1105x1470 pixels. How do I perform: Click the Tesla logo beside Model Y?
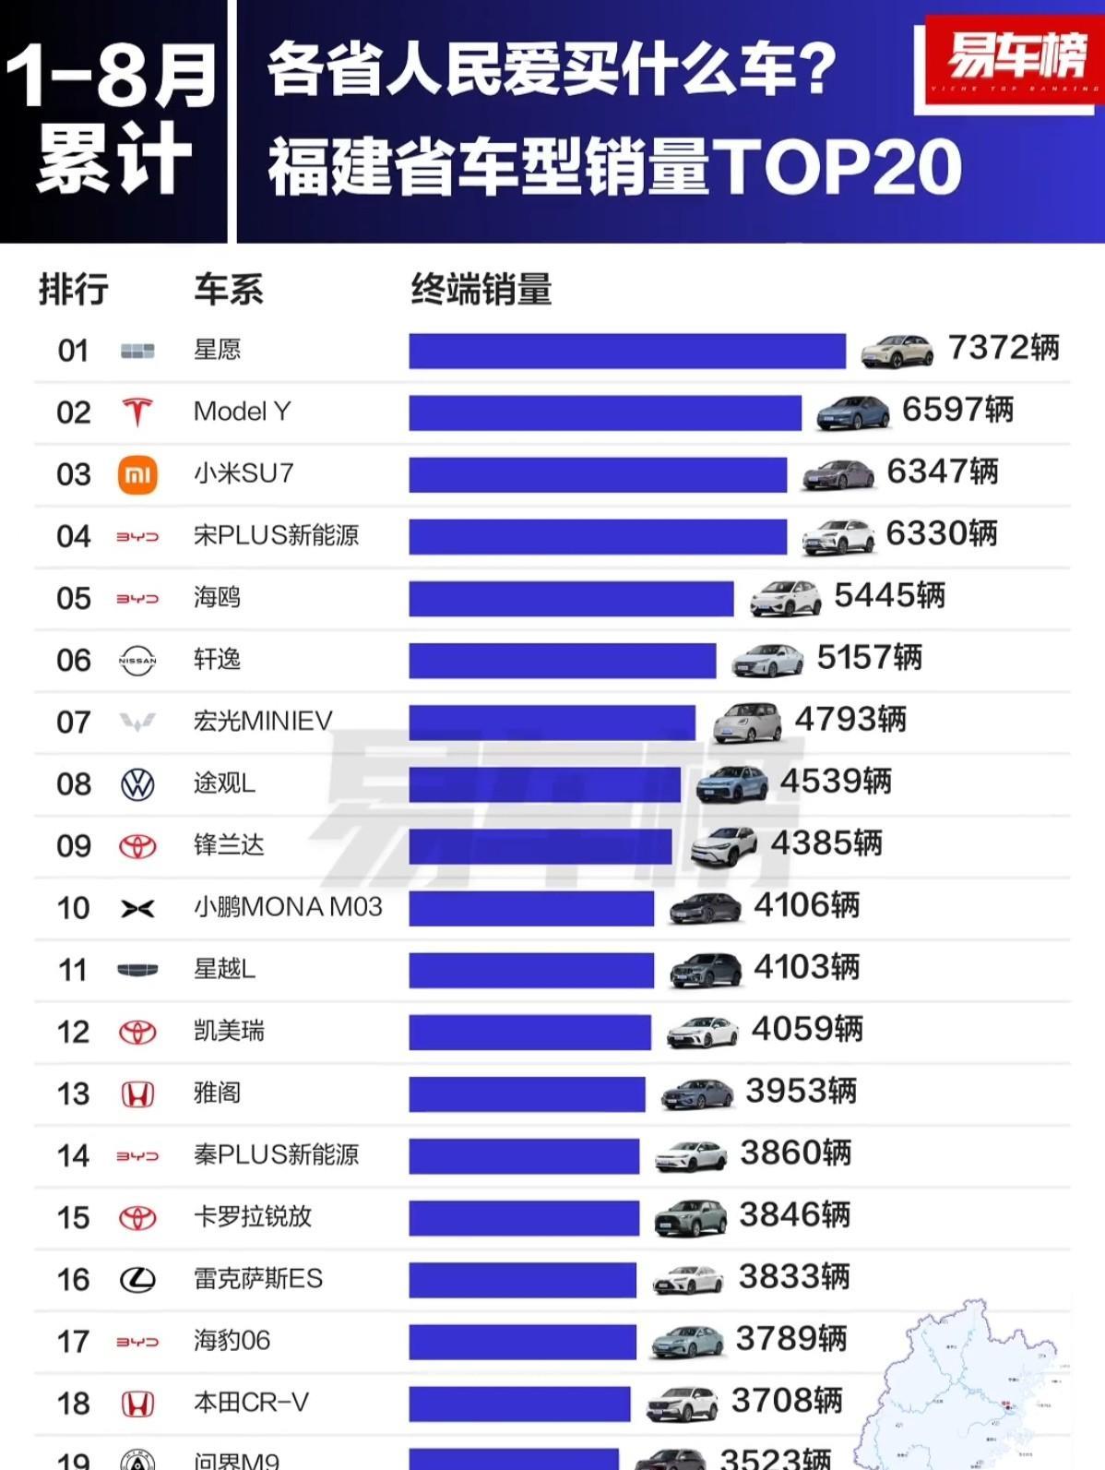(137, 412)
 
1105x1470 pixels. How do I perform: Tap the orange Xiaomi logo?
(137, 474)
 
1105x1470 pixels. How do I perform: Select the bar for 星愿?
(627, 351)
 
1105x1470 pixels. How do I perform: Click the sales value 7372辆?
(1004, 348)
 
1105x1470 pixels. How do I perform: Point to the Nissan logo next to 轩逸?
(137, 661)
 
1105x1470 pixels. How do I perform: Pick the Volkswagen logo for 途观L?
(137, 784)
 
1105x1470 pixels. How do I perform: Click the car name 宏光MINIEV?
(263, 721)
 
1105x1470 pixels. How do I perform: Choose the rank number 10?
(73, 908)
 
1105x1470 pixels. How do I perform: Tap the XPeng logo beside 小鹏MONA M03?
(137, 909)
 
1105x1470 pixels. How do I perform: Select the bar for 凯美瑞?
(529, 1032)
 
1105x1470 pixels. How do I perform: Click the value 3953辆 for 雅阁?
(801, 1091)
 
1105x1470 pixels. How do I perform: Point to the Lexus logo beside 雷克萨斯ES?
(137, 1280)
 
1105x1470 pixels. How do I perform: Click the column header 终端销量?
(481, 290)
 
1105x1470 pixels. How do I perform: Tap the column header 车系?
(228, 290)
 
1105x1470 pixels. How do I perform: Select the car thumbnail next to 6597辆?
(852, 412)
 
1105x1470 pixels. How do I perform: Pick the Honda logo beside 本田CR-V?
(137, 1404)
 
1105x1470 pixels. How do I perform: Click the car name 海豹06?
(232, 1340)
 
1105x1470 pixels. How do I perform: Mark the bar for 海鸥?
(571, 598)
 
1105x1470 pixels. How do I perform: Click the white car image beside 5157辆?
(767, 660)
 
